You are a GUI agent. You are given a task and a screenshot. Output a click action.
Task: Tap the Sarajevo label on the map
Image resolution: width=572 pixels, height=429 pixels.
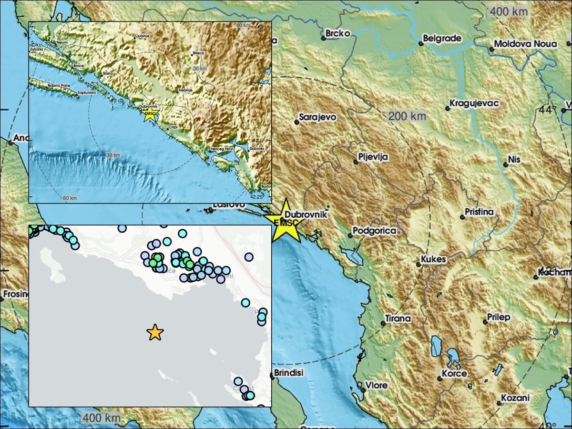click(317, 117)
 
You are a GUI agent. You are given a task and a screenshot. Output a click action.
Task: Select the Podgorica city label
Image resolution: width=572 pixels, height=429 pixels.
click(374, 231)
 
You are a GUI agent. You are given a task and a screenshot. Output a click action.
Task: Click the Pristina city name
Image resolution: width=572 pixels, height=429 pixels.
click(480, 212)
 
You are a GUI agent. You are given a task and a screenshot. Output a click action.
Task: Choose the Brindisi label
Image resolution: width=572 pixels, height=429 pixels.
click(287, 373)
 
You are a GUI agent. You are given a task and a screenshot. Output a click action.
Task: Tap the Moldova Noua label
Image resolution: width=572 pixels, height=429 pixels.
click(525, 44)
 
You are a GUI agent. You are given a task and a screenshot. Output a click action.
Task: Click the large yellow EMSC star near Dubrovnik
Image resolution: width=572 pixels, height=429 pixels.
click(285, 220)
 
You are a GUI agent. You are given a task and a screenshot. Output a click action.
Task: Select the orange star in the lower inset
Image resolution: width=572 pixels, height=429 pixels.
click(155, 332)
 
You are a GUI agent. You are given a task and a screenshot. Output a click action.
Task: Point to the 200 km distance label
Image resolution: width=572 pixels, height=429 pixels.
click(407, 116)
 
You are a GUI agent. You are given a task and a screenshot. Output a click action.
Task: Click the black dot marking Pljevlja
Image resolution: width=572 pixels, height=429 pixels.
click(356, 162)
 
